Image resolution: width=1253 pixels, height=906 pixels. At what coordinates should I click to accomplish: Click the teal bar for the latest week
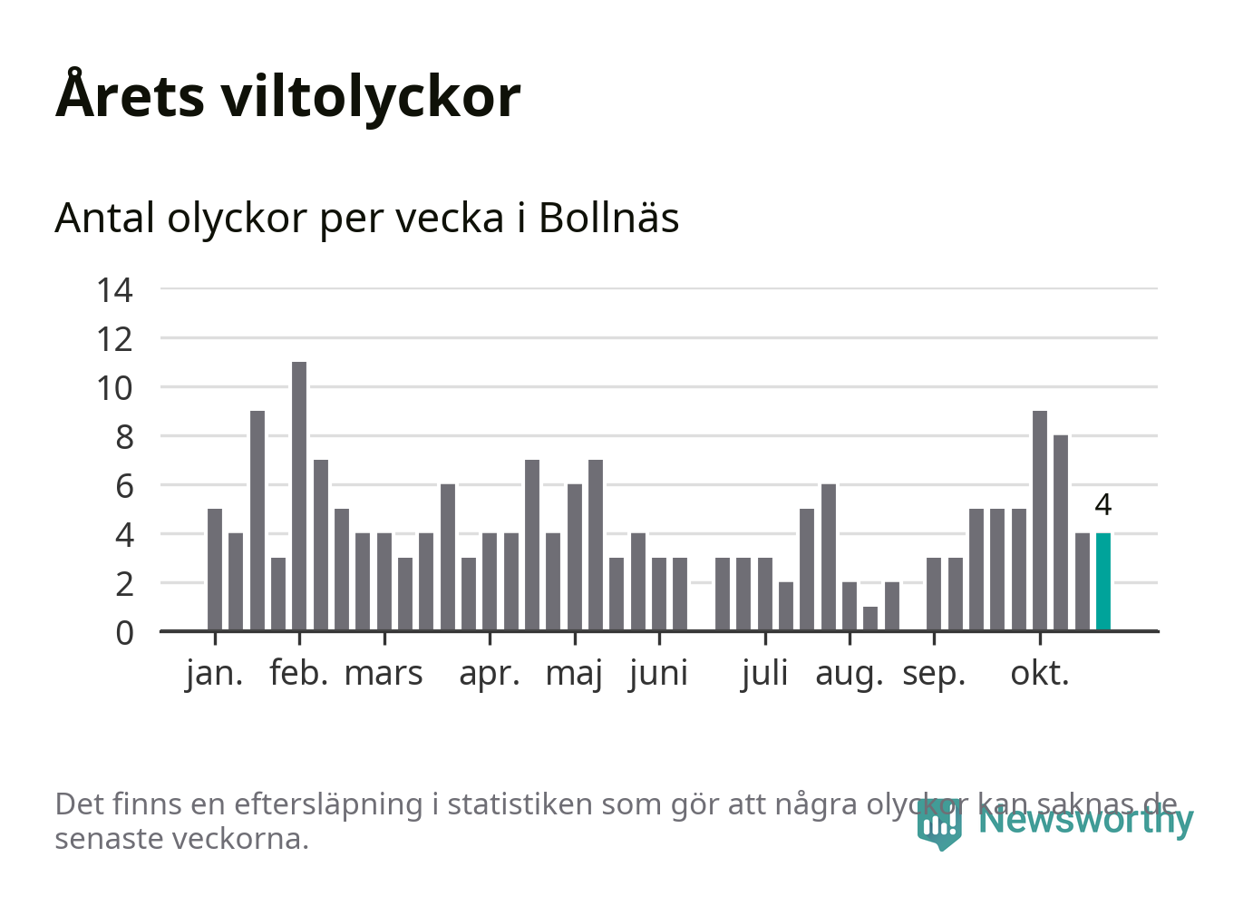click(x=1102, y=581)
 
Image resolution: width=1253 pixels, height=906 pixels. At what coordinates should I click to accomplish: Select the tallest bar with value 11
click(x=299, y=496)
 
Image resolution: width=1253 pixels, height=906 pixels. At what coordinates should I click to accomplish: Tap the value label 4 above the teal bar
click(x=1102, y=504)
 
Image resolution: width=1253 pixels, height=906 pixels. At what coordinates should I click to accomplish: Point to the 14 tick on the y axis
click(x=115, y=290)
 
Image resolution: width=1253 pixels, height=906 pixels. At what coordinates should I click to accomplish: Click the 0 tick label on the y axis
click(x=124, y=632)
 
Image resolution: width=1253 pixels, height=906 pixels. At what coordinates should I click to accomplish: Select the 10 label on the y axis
click(x=115, y=388)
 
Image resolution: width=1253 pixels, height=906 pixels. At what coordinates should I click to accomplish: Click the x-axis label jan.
click(x=215, y=674)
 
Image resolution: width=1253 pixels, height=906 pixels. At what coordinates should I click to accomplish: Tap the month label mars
click(x=384, y=674)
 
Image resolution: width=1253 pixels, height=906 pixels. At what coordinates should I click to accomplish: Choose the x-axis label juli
click(x=764, y=674)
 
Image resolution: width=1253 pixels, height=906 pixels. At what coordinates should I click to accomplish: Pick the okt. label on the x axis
click(x=1040, y=674)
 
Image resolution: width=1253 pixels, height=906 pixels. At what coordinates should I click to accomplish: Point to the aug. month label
click(x=849, y=674)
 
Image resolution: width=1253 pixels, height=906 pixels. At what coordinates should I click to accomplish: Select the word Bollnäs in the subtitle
click(x=608, y=218)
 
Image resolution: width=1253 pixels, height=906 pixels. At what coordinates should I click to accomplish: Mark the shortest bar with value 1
click(x=870, y=618)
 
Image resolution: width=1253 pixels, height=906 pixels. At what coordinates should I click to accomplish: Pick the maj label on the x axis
click(x=574, y=674)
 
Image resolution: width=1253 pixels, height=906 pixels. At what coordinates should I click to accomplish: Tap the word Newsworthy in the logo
click(x=1085, y=820)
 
